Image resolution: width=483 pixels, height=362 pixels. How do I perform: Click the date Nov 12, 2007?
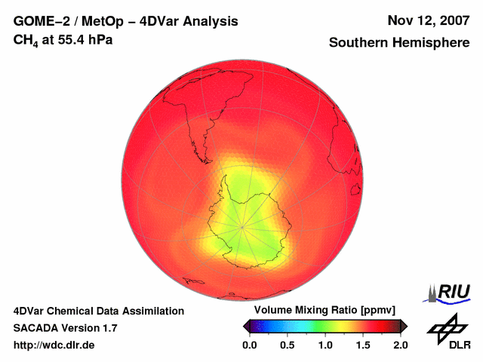429,20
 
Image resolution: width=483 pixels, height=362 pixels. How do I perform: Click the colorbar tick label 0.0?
249,345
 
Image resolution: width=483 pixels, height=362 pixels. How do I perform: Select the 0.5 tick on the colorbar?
287,345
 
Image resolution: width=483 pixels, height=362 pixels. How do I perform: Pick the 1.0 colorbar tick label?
325,345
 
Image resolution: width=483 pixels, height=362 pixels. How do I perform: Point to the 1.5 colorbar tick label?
362,345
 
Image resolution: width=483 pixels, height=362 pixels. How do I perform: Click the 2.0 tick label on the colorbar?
400,345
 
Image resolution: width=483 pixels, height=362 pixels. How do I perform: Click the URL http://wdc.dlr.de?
54,345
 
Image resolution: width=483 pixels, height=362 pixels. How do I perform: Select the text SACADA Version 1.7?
65,328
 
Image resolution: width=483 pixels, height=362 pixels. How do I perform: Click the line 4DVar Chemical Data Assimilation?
99,311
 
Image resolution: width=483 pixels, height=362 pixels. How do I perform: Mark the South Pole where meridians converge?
242,225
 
